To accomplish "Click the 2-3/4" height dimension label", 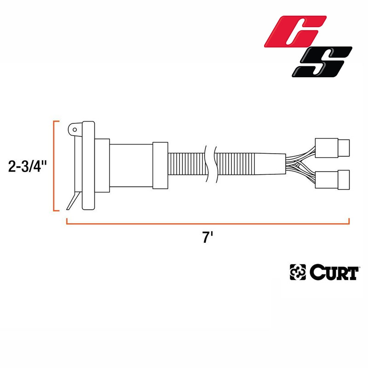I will tap(28, 166).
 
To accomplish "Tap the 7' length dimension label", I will tap(208, 238).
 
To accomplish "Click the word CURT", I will tap(333, 273).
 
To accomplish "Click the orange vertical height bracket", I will tap(55, 166).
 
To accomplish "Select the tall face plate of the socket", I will tap(88, 166).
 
